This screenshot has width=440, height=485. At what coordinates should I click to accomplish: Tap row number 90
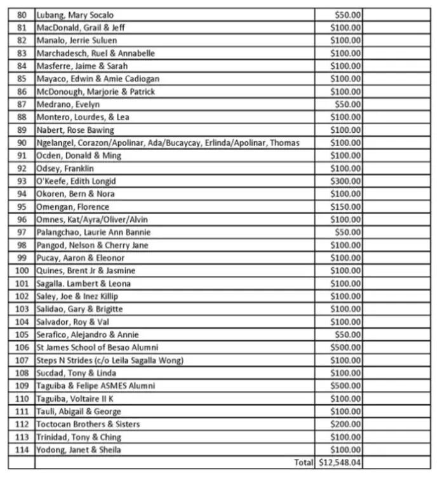(22, 143)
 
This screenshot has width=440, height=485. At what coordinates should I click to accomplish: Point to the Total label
(303, 463)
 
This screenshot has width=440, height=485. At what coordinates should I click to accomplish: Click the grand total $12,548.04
(340, 463)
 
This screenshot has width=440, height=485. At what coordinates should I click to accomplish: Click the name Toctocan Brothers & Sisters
(88, 424)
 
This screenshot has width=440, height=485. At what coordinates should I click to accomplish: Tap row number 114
(22, 450)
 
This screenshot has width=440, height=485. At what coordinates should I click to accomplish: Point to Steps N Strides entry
(110, 360)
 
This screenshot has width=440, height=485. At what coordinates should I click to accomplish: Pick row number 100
(22, 271)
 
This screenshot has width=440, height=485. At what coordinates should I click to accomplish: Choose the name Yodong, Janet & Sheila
(79, 450)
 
